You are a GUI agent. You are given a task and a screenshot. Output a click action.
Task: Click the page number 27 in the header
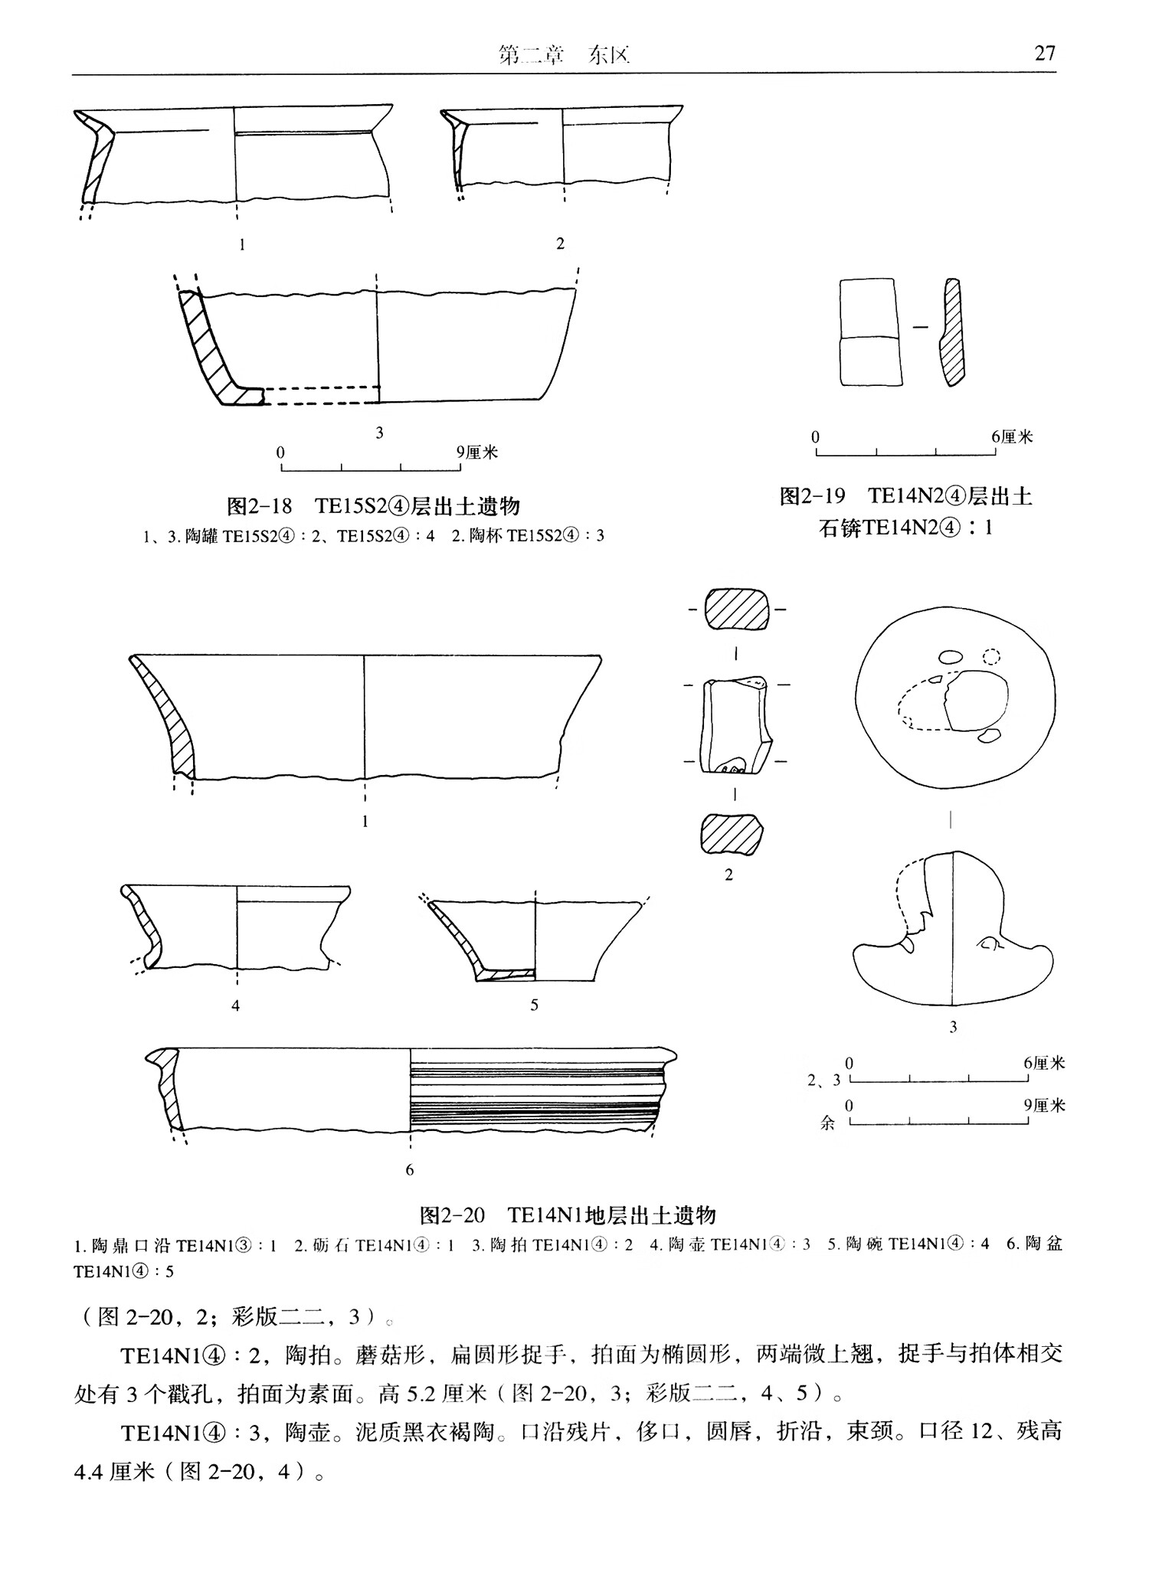[x=1044, y=53]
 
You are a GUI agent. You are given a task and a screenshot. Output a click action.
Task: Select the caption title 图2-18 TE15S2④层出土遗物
[x=374, y=506]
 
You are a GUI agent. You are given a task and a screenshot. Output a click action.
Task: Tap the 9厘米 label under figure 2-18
[x=477, y=452]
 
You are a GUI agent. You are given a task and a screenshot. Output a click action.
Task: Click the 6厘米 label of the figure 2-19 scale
[x=1012, y=436]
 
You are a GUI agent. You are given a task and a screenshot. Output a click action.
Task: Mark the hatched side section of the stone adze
[x=951, y=332]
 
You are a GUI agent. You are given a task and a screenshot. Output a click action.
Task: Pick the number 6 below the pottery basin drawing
[x=410, y=1170]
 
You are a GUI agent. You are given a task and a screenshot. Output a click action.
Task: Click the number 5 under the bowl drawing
[x=534, y=1005]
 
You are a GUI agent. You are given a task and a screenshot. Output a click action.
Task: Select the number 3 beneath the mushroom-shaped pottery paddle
[x=953, y=1027]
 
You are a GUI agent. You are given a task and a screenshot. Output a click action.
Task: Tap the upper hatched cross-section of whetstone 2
[x=736, y=610]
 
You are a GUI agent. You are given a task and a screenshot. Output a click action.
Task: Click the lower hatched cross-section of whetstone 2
[x=732, y=834]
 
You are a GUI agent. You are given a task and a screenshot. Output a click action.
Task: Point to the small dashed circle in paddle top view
[x=991, y=656]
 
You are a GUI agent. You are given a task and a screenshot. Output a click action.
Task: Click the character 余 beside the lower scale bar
[x=827, y=1124]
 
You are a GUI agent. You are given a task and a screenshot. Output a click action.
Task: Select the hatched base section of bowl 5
[x=506, y=974]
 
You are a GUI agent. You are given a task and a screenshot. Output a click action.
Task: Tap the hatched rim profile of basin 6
[x=167, y=1087]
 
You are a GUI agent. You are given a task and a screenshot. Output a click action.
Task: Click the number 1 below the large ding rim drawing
[x=365, y=822]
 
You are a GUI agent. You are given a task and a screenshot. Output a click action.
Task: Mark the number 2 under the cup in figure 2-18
[x=560, y=244]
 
